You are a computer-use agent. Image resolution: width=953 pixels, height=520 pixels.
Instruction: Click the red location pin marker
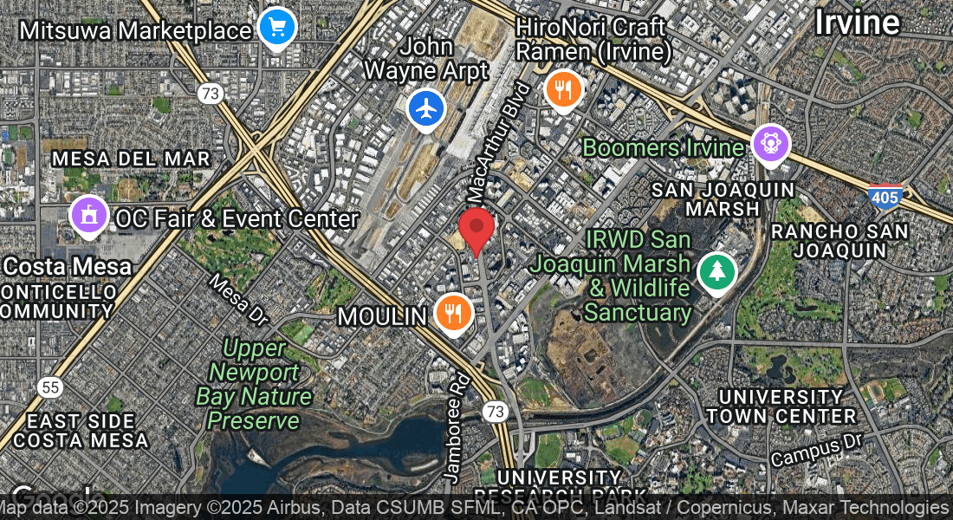tap(476, 229)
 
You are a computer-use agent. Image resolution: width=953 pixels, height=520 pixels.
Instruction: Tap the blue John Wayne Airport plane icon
tap(426, 109)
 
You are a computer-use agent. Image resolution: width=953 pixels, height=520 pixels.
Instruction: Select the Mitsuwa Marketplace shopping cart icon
tap(277, 27)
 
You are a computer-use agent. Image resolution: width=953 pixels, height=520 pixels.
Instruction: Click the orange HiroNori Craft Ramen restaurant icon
tap(563, 88)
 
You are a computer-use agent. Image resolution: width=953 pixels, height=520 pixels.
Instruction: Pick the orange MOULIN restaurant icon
tap(453, 311)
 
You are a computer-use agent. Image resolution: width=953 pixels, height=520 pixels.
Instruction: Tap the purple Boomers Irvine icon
tap(770, 143)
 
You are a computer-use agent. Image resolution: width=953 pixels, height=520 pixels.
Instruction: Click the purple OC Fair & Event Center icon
tap(88, 216)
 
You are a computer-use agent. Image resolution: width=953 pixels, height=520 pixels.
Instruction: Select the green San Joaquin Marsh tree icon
tap(716, 272)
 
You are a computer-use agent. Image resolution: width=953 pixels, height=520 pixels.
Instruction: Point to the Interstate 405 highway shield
tap(885, 198)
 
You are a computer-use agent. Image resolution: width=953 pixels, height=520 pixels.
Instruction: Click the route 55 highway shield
tap(49, 387)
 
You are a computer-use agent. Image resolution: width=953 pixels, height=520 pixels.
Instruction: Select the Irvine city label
tap(857, 23)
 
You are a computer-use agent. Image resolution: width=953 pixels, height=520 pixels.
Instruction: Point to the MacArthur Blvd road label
tap(498, 140)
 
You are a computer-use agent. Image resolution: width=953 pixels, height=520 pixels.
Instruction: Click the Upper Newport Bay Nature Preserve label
tap(253, 385)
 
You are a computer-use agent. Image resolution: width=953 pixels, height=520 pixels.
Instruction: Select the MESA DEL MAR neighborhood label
tap(131, 159)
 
